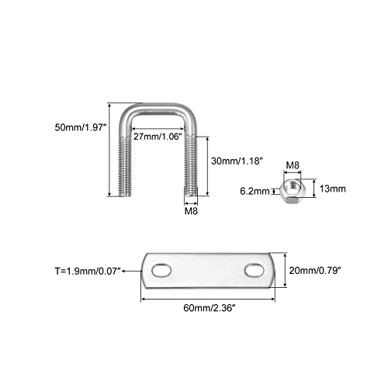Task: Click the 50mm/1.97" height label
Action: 81,127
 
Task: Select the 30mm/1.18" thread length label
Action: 237,161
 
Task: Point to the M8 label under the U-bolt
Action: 191,211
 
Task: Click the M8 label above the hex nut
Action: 293,165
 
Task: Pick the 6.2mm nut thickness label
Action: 255,191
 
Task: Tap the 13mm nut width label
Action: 333,189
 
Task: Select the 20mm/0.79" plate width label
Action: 315,271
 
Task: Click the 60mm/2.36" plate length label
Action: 210,308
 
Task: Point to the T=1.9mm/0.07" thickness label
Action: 88,271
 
